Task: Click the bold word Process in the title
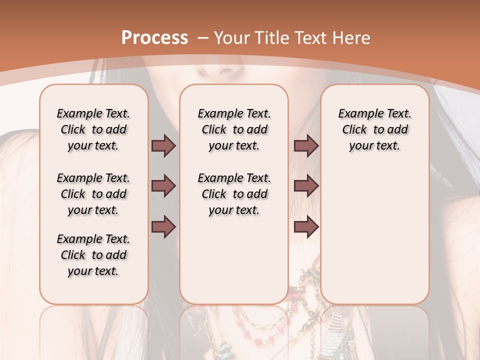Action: [154, 38]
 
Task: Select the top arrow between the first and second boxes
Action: [163, 145]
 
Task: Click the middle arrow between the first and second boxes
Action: [163, 186]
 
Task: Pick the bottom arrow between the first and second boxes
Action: [163, 226]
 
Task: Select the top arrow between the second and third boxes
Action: [306, 145]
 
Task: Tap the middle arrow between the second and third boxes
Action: [306, 186]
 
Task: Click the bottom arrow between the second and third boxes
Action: [306, 226]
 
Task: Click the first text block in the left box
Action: [93, 129]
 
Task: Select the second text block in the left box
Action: [93, 194]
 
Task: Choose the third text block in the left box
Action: [93, 255]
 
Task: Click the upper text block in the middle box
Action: [234, 129]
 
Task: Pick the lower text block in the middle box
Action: [234, 194]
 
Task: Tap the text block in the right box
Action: [375, 129]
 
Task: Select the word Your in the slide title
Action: [230, 38]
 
